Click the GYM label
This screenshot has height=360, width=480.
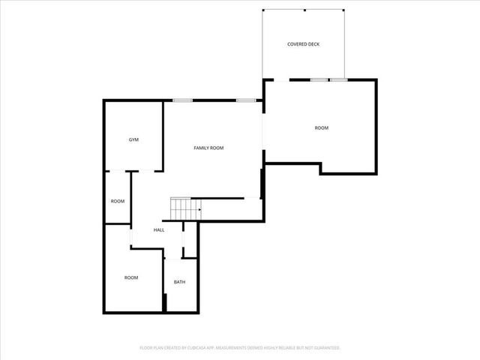point(133,139)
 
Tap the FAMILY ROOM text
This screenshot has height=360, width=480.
point(208,148)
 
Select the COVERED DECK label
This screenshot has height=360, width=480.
point(303,44)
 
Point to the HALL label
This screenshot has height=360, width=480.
point(159,229)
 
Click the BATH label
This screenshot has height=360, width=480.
point(179,282)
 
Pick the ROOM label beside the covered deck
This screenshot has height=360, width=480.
point(321,127)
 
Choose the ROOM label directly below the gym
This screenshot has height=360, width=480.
point(118,201)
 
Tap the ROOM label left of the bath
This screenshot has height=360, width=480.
point(131,277)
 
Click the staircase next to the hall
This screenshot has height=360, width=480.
point(184,208)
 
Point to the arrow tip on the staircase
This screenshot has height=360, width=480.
point(199,210)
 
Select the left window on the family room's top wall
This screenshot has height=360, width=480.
point(182,100)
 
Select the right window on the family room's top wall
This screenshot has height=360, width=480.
point(246,100)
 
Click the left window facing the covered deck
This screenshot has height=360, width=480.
point(319,79)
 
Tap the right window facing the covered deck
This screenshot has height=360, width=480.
point(338,79)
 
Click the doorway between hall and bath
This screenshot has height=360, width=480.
point(180,259)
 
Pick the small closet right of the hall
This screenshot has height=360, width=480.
point(190,240)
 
